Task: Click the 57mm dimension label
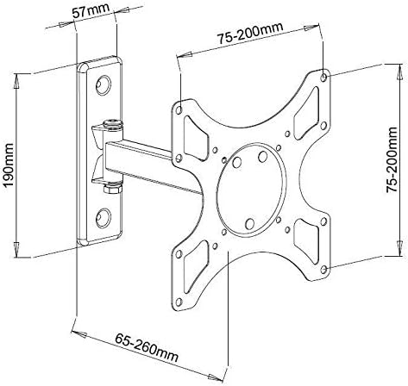click(x=91, y=10)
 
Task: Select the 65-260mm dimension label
click(x=147, y=347)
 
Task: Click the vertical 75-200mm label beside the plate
click(x=392, y=159)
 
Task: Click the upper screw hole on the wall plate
click(x=103, y=85)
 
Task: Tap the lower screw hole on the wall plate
click(x=103, y=218)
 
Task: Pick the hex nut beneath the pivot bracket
click(x=112, y=189)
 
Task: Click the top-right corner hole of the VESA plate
click(x=323, y=78)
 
